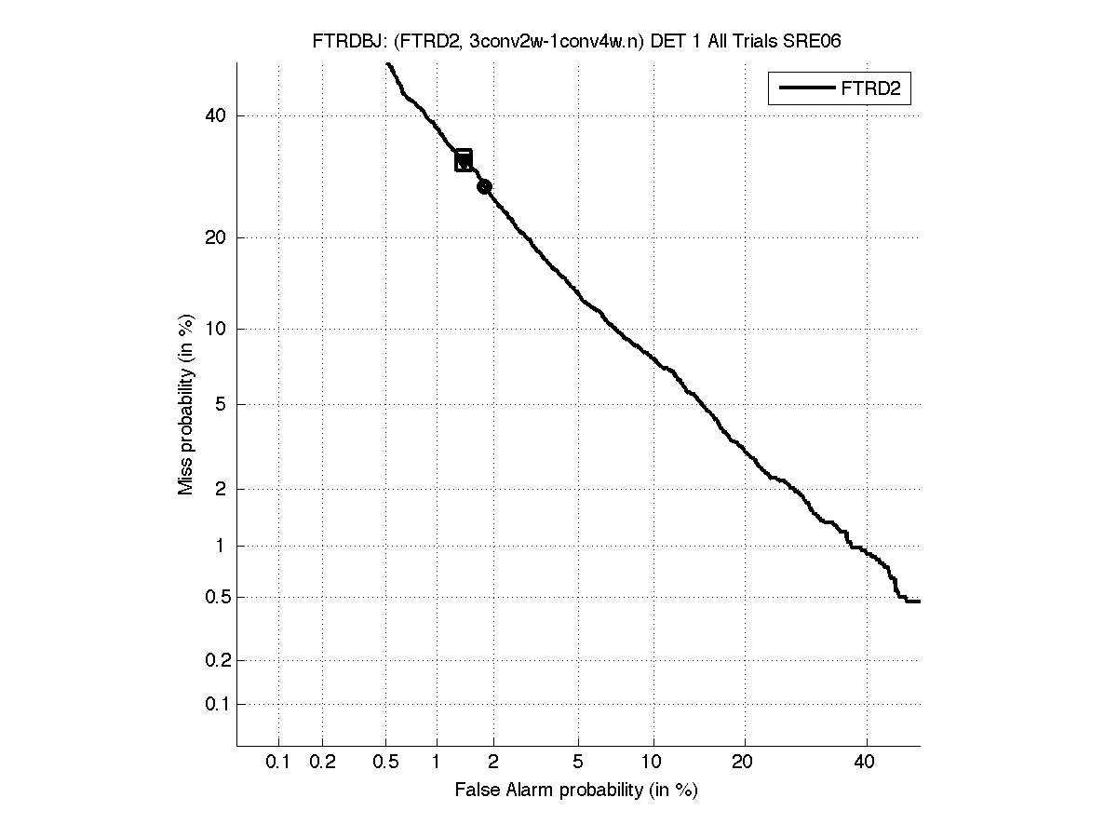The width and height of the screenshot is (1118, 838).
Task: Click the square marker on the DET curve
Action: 464,160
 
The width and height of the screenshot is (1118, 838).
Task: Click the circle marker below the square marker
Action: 484,187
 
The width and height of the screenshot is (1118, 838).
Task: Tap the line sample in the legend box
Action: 806,89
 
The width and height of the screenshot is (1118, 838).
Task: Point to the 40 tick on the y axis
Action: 217,116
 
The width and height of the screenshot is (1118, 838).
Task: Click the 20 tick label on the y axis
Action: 217,237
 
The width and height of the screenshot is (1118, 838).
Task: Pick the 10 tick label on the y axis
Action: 217,329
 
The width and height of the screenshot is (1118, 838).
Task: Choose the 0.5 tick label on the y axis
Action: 213,597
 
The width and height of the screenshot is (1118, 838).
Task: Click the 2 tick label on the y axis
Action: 222,489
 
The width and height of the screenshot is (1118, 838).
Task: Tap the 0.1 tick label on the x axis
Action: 278,762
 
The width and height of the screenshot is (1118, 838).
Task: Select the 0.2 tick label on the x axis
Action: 322,762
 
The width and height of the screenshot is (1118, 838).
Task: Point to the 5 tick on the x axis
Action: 578,762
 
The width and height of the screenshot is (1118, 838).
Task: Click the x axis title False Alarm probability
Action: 576,791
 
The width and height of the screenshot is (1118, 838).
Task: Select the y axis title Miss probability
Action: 186,405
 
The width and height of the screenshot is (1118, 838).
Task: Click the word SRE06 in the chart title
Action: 815,42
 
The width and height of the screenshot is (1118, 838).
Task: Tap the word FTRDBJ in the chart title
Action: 341,42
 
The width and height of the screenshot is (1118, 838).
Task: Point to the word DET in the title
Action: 666,42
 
